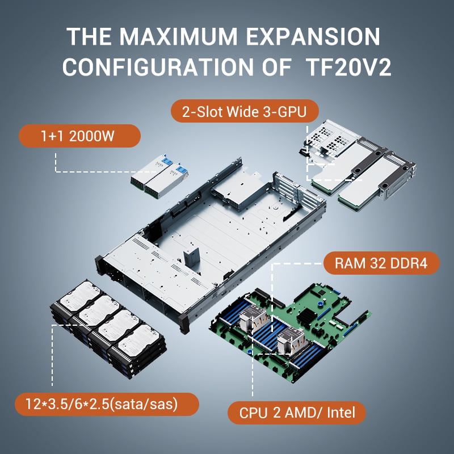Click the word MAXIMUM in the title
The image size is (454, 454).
click(178, 36)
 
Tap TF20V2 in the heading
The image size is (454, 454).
click(348, 67)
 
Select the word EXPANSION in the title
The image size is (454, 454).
click(313, 36)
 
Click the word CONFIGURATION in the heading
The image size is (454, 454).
click(158, 67)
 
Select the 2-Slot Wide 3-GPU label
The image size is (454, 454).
click(245, 111)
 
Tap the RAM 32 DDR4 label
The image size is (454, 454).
click(381, 263)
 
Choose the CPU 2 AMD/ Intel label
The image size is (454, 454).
click(297, 413)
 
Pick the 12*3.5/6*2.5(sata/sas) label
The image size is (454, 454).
click(107, 404)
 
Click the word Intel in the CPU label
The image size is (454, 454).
click(341, 413)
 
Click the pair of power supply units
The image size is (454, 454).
click(159, 176)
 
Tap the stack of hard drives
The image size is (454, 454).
click(108, 329)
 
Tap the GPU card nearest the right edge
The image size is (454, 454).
click(376, 181)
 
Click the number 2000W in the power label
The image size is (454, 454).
click(92, 136)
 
